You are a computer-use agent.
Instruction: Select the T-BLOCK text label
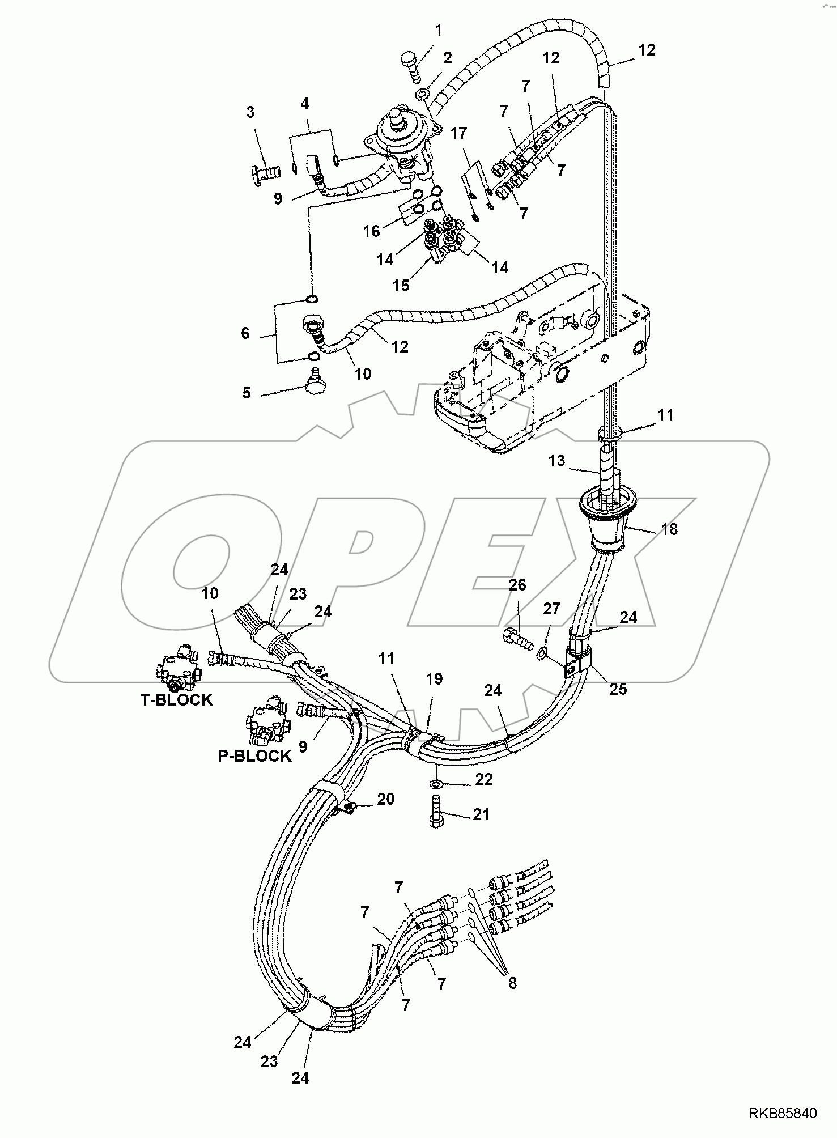(176, 700)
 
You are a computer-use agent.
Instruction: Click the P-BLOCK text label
(254, 756)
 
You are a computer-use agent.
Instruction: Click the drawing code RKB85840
(783, 1114)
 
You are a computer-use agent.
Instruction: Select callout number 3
(251, 112)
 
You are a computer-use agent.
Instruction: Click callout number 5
(247, 392)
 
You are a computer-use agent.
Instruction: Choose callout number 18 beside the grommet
(669, 529)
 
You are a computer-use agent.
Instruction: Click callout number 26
(517, 585)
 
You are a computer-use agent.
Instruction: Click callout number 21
(481, 815)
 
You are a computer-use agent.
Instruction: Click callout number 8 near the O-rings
(512, 983)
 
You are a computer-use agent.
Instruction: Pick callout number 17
(458, 134)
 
